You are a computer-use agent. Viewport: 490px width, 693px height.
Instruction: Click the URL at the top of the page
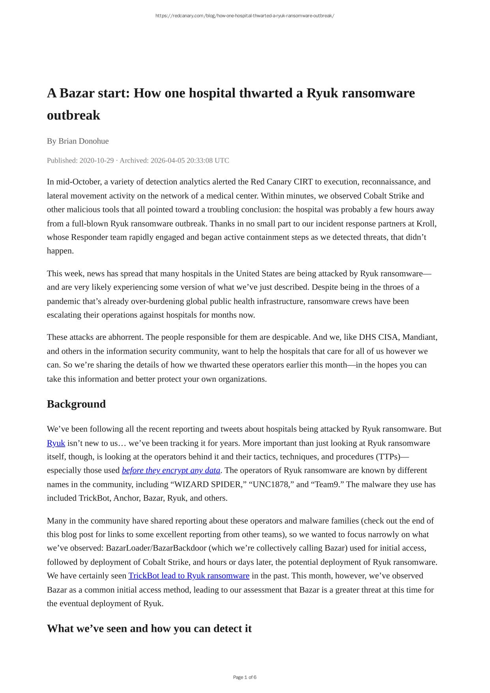point(245,16)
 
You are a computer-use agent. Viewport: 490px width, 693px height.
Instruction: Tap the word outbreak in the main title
point(73,116)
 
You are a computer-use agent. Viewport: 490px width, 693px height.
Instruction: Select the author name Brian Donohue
point(84,141)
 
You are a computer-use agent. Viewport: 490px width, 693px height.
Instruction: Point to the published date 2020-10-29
point(97,161)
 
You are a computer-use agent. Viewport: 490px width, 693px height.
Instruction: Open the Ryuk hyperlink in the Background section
point(56,443)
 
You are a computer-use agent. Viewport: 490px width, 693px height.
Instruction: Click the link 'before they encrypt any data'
point(171,470)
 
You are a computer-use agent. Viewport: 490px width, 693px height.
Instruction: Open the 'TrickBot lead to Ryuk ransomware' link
point(189,576)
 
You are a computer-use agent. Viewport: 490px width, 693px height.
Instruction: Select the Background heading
point(76,404)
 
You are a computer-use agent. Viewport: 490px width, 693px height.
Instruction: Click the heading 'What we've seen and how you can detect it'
point(149,628)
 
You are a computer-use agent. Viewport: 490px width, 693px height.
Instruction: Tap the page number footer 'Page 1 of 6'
point(245,677)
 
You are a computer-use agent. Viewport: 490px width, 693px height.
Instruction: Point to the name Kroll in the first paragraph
point(426,224)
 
